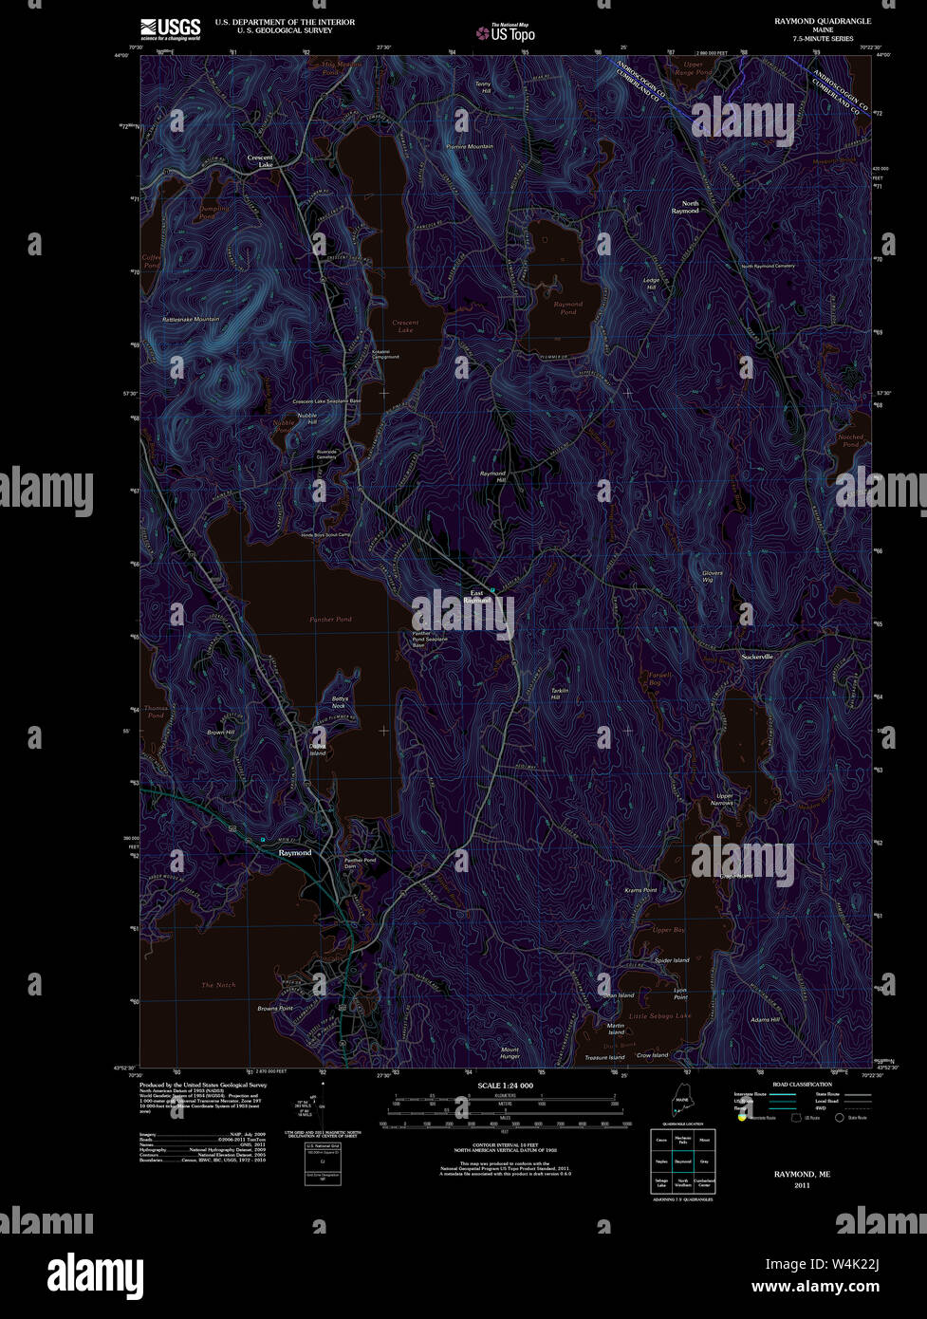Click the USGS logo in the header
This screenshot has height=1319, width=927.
click(170, 28)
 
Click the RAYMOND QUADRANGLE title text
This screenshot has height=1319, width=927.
click(823, 21)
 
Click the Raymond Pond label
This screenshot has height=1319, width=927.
click(567, 307)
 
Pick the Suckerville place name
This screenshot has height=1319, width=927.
click(757, 657)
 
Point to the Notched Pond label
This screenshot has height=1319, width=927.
click(850, 440)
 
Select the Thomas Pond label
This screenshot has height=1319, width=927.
click(156, 712)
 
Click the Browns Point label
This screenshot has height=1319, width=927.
click(274, 1008)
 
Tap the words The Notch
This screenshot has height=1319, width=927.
click(218, 985)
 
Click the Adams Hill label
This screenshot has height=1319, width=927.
click(764, 1020)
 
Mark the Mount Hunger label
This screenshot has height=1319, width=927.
click(510, 1052)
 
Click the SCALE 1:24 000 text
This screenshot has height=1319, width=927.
click(505, 1086)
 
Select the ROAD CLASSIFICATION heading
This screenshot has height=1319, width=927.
click(802, 1084)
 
